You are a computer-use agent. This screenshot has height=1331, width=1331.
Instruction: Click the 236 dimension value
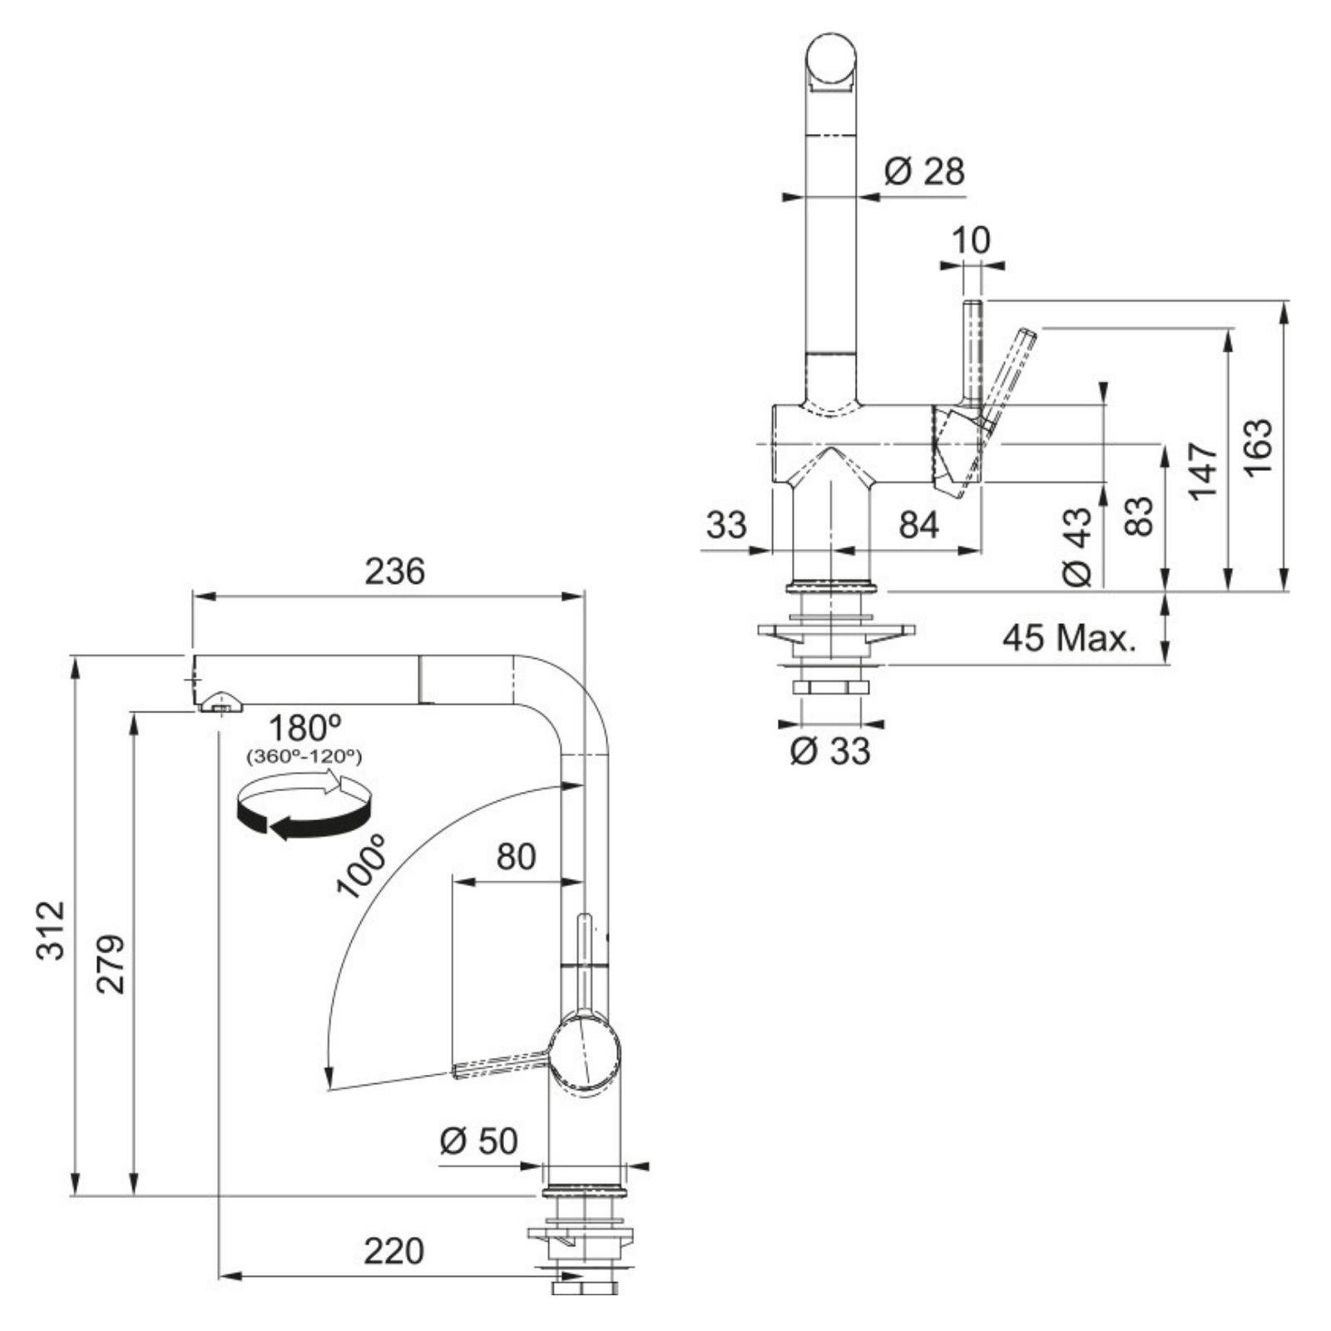click(394, 572)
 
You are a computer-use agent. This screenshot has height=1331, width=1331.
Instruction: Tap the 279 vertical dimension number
click(110, 963)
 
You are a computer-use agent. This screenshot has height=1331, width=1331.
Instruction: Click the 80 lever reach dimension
click(516, 856)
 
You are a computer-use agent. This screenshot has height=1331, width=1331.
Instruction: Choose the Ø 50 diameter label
click(478, 1141)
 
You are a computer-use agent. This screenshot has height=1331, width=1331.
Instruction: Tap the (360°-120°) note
click(304, 757)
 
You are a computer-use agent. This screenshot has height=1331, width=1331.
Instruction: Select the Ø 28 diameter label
click(924, 171)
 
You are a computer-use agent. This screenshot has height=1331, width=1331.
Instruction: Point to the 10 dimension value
click(971, 240)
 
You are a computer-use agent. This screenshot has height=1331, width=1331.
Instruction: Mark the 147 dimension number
click(1203, 471)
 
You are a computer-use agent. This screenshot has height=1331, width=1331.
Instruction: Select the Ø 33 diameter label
click(829, 751)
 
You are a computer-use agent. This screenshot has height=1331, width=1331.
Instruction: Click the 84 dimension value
click(918, 525)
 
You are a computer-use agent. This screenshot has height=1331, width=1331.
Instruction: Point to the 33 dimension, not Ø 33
click(727, 525)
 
